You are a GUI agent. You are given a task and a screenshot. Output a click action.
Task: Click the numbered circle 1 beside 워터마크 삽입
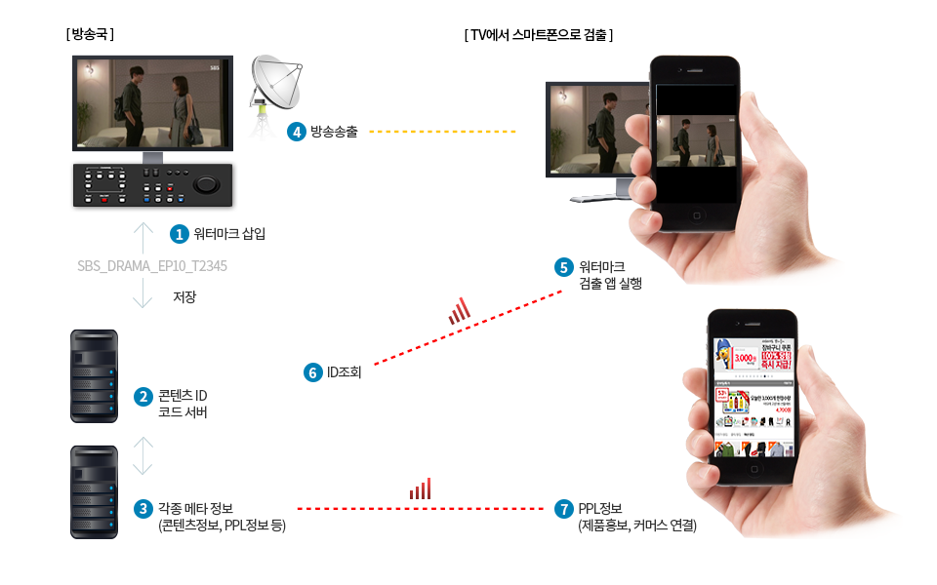point(179,234)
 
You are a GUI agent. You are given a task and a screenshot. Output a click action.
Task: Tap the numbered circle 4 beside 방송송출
point(296,132)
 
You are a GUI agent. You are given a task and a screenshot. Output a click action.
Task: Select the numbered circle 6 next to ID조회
point(313,371)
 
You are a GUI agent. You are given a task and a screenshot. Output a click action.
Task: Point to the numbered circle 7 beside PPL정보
point(563,509)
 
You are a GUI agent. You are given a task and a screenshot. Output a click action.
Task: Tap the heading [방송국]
point(90,34)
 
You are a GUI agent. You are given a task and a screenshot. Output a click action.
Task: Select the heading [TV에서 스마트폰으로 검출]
point(538,34)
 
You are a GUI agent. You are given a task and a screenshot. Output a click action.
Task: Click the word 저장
point(183,297)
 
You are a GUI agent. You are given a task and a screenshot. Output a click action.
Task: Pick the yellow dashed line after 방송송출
point(442,131)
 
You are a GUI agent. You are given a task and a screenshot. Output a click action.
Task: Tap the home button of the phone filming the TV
point(697,215)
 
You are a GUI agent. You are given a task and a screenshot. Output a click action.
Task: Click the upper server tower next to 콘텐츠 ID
point(94,375)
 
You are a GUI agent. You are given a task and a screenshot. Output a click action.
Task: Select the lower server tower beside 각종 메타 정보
point(94,491)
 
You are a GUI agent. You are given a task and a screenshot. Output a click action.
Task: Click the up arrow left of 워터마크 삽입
point(143,237)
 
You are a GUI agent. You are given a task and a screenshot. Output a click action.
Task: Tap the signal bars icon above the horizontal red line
point(421,489)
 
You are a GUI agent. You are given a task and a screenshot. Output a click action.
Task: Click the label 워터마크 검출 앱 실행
point(610,275)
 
